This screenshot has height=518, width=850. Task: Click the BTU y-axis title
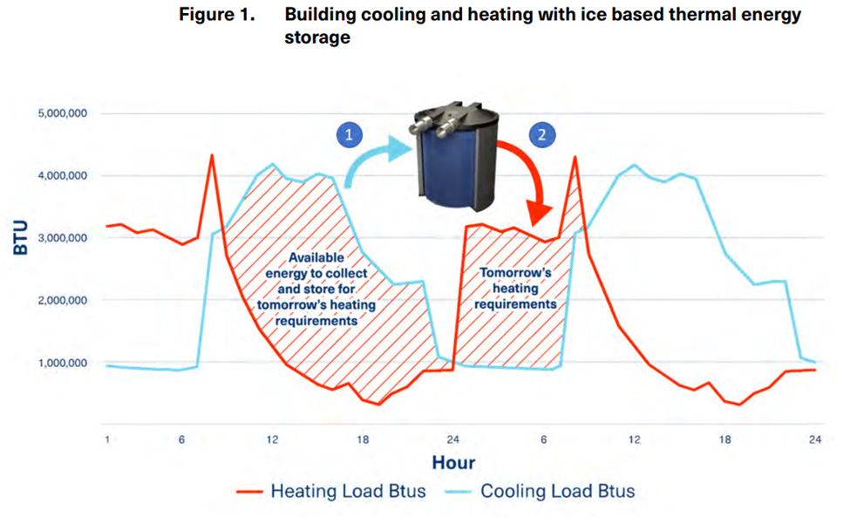click(20, 237)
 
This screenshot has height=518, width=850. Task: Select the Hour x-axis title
click(452, 462)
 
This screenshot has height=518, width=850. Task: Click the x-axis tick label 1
click(106, 439)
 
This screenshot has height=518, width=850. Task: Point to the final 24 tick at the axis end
click(814, 439)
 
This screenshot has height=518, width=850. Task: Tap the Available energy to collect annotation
click(316, 289)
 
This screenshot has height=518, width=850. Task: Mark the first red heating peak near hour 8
click(212, 156)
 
